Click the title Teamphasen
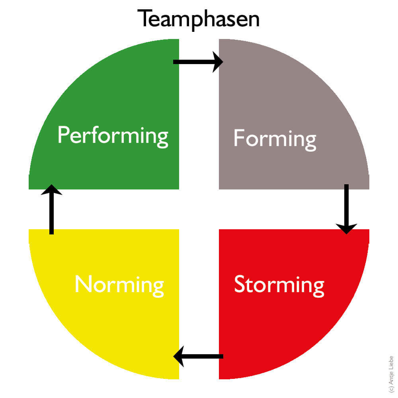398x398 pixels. pos(198,19)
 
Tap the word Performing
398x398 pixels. pos(113,136)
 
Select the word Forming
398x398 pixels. pos(275,139)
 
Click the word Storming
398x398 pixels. pos(279,285)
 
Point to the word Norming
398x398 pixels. pos(119,285)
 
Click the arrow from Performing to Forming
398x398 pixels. pos(198,62)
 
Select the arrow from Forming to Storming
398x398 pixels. pos(346,209)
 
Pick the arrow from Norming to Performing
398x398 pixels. pos(51,209)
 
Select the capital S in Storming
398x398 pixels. pos(240,284)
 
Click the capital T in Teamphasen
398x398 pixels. pos(144,19)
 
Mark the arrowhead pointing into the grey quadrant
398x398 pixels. pos(218,62)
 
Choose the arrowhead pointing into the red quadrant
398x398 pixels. pos(346,228)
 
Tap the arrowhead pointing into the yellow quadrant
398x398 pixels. pos(179,356)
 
